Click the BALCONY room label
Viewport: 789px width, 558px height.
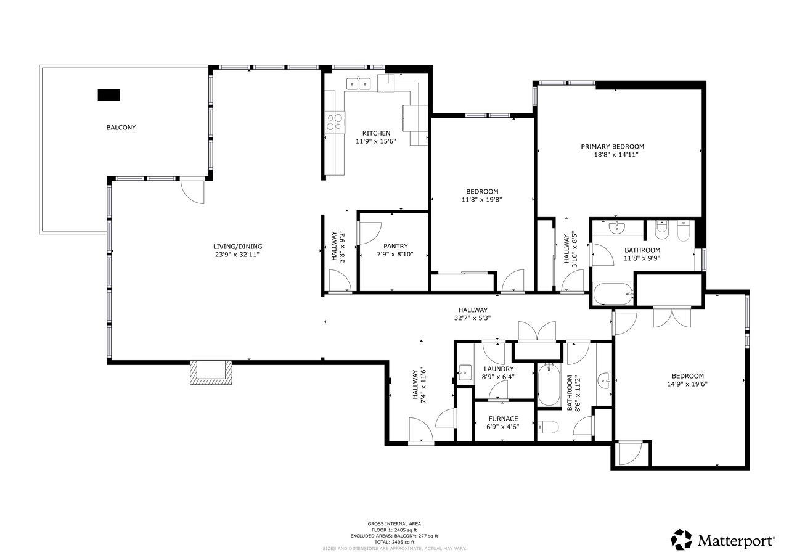point(121,128)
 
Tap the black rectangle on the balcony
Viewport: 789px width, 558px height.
point(108,95)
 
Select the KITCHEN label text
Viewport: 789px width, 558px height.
point(376,133)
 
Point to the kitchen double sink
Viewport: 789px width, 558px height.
point(359,84)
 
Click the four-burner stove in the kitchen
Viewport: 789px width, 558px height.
point(335,122)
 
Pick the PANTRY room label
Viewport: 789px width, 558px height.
point(396,246)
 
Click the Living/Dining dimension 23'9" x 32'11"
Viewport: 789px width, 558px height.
point(237,255)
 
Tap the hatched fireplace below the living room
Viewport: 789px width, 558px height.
point(211,372)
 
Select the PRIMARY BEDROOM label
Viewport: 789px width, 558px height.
point(613,147)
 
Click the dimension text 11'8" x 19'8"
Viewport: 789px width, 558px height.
point(481,200)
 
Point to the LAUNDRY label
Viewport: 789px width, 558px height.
point(499,369)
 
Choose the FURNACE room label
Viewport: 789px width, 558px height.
point(503,419)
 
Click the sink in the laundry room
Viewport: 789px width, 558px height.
point(465,372)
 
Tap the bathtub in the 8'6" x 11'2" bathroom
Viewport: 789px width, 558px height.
point(549,385)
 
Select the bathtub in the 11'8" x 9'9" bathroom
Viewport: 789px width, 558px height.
point(613,293)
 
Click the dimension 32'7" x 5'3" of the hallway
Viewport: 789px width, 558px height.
point(472,318)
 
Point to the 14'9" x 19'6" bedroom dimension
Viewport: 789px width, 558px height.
point(687,384)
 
